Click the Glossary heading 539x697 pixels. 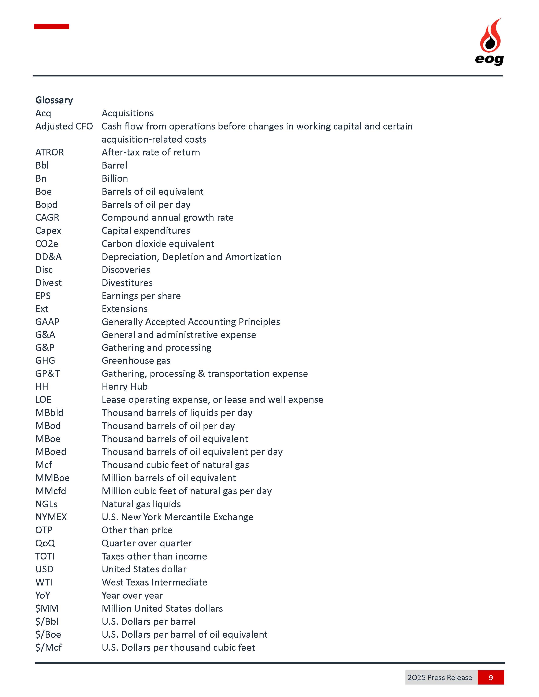[x=54, y=100]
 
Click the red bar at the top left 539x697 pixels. [x=51, y=26]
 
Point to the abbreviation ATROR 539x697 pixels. [x=49, y=152]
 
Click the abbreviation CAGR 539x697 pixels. [x=47, y=218]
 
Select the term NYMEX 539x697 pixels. [x=51, y=517]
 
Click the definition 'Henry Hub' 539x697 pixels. [x=124, y=387]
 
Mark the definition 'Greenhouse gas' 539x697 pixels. [x=136, y=361]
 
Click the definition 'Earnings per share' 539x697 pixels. [x=141, y=296]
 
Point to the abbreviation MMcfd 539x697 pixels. [x=51, y=491]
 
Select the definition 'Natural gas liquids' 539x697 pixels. [x=141, y=504]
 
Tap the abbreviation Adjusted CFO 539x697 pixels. [x=64, y=126]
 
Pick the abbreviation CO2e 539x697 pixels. [x=47, y=244]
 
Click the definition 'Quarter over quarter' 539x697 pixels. [x=146, y=543]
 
